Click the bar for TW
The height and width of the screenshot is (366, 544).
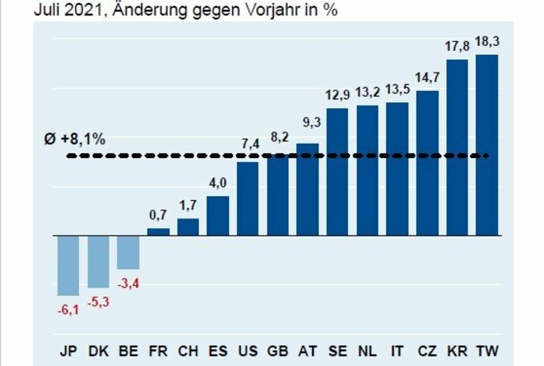pyautogui.click(x=487, y=145)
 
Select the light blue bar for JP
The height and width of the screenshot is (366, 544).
pyautogui.click(x=69, y=265)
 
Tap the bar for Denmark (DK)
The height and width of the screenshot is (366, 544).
pyautogui.click(x=98, y=261)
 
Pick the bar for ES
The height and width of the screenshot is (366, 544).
pyautogui.click(x=218, y=215)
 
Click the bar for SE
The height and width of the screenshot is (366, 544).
pyautogui.click(x=338, y=171)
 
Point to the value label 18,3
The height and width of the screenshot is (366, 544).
pyautogui.click(x=487, y=40)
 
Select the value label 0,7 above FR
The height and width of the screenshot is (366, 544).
pyautogui.click(x=158, y=214)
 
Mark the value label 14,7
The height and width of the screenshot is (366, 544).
pyautogui.click(x=427, y=77)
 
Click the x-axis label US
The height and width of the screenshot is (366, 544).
pyautogui.click(x=248, y=351)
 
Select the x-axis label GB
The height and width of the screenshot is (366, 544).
pyautogui.click(x=278, y=351)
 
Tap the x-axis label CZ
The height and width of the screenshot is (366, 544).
pyautogui.click(x=427, y=351)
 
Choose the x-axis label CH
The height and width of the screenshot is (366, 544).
pyautogui.click(x=188, y=351)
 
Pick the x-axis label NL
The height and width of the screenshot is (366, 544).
pyautogui.click(x=368, y=351)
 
